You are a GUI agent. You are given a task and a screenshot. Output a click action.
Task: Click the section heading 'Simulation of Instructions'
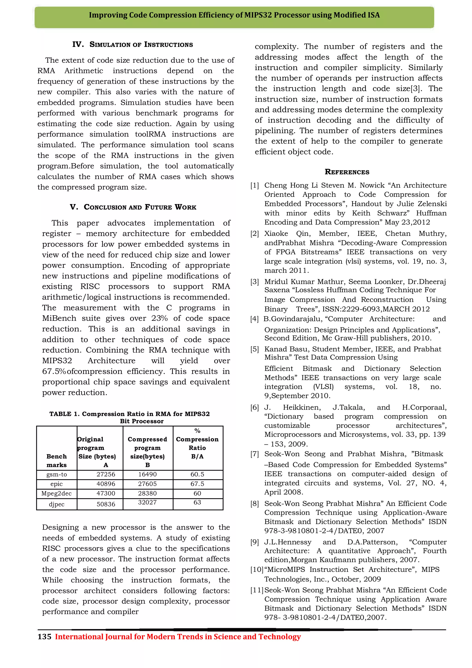133,44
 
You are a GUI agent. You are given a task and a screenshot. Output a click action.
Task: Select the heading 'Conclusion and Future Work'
133,207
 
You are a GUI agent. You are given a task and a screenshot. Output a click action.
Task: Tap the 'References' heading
347,172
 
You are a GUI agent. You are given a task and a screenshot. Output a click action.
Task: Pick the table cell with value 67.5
197,484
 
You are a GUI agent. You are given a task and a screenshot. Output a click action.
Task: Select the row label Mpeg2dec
56,494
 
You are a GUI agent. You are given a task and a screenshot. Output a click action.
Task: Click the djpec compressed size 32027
147,502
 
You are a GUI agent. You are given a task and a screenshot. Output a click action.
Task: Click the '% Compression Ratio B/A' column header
197,443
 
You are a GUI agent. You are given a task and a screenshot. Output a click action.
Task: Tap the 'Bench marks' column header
56,461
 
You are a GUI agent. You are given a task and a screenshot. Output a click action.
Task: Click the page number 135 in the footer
44,637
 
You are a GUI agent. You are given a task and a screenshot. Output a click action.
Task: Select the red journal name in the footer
178,637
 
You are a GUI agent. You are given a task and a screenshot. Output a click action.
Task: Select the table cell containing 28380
147,494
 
